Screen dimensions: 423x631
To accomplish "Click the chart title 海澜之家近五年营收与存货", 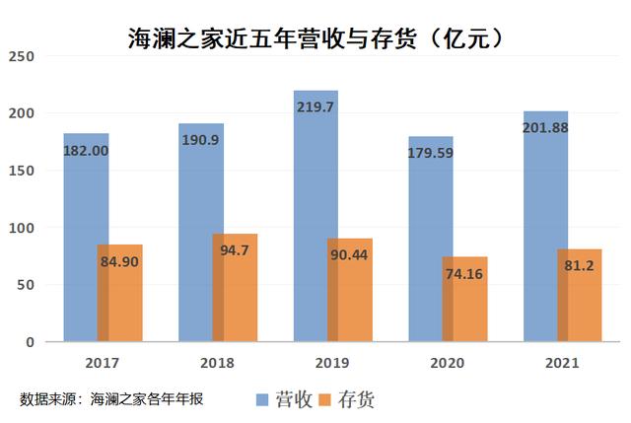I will pyautogui.click(x=315, y=38).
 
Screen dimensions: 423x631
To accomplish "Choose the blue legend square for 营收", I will pyautogui.click(x=262, y=400).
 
